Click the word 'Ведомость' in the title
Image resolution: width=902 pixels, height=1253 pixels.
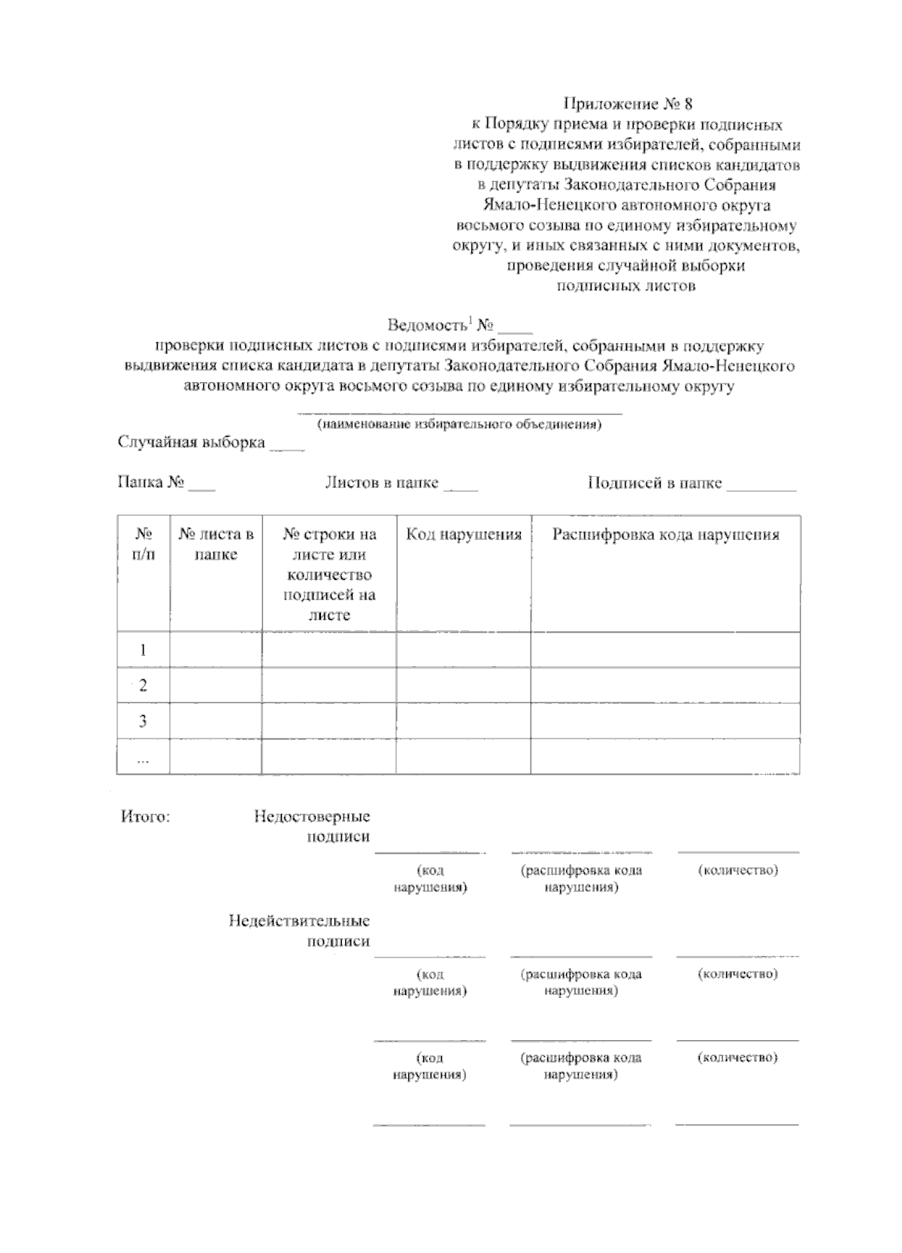tap(428, 326)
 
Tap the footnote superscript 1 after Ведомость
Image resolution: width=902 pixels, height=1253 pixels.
tap(470, 320)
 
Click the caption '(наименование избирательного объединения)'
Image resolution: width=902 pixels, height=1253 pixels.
tap(459, 424)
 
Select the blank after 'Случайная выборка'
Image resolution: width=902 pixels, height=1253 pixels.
tap(286, 445)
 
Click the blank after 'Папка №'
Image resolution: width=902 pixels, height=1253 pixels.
tap(201, 485)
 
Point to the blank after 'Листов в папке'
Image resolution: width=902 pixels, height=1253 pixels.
tap(461, 485)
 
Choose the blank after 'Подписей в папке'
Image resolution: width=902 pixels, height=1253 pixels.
tap(761, 485)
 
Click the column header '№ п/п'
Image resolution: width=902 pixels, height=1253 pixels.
tap(143, 545)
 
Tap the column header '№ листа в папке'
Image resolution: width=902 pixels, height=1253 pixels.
tap(216, 545)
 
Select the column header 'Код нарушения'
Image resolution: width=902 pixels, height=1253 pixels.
tap(464, 535)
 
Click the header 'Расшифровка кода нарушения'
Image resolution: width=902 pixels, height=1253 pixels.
tap(665, 535)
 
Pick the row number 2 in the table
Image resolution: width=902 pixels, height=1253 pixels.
tap(143, 685)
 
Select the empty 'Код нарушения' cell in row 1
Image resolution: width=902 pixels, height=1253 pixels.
tap(464, 650)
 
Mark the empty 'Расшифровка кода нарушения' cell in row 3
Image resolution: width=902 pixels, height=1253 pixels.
tap(665, 721)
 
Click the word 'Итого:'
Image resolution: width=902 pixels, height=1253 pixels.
tap(145, 817)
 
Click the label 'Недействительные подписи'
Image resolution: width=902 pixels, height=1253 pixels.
tap(300, 930)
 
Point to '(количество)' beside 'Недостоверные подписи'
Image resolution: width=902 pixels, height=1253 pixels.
tap(737, 870)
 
